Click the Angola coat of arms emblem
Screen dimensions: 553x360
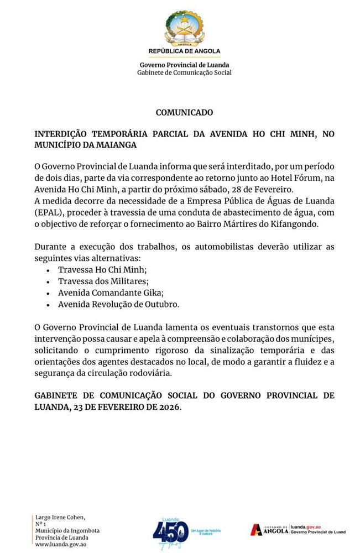pos(184,28)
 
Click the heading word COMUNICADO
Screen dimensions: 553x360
pos(184,112)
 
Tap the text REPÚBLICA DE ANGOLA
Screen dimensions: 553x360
pos(184,51)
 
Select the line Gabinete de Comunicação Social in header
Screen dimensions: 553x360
pos(184,72)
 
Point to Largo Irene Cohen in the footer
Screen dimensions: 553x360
pos(60,518)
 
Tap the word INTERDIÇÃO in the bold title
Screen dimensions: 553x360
pos(61,134)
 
